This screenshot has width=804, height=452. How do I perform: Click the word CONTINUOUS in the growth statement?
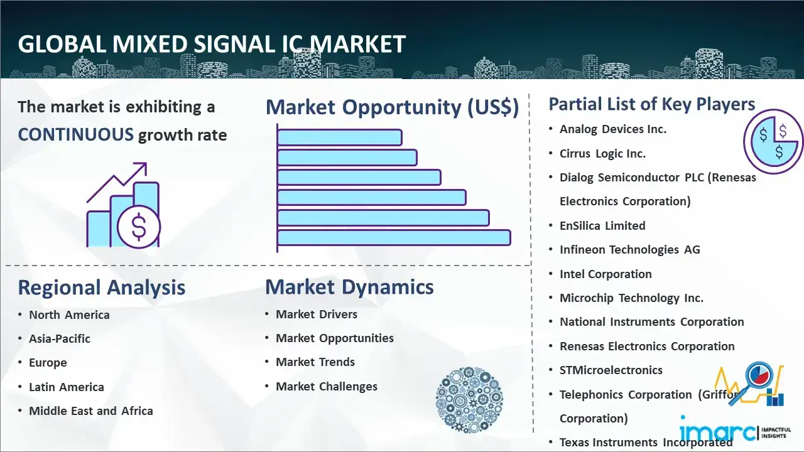point(76,135)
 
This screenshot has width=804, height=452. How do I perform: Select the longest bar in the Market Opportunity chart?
point(394,238)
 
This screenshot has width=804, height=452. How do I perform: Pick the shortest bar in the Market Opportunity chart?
point(340,137)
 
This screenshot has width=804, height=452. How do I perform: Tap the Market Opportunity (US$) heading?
point(393,107)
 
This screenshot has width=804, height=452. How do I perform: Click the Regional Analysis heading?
point(102,288)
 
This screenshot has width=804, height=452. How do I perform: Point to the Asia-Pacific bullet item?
point(60,338)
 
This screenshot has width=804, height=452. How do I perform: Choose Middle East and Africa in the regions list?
point(91,411)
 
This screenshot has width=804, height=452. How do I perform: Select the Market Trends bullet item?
point(315,362)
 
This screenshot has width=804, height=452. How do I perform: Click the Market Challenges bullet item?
point(327,386)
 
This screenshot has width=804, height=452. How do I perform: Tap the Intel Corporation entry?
point(606,274)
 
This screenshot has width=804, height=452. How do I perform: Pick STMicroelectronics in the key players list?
point(611,370)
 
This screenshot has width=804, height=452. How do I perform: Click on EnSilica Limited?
point(602,225)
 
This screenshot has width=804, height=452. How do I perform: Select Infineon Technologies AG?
point(630,250)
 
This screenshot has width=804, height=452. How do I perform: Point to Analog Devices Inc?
point(612,129)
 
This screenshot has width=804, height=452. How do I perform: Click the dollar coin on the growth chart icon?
point(139,227)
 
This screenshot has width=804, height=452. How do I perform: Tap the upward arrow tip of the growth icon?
point(146,163)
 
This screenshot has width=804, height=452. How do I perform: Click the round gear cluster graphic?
point(469,399)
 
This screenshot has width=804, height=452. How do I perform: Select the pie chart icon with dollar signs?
point(773,141)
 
